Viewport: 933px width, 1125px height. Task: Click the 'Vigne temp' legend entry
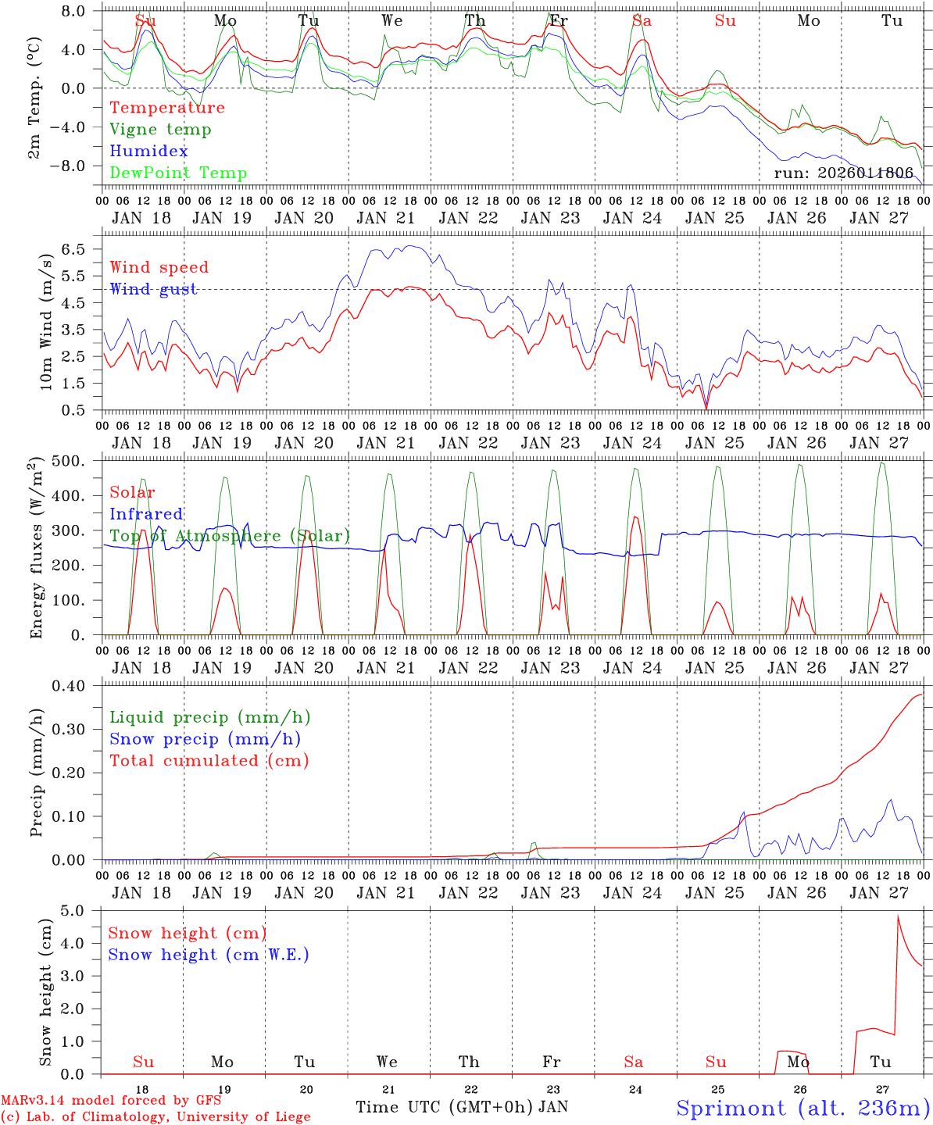(160, 130)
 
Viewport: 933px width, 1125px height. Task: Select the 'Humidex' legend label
(148, 152)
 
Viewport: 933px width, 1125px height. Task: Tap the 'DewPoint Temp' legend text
(178, 173)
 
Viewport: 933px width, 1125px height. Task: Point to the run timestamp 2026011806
(843, 173)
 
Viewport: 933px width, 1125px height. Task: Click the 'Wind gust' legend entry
(153, 289)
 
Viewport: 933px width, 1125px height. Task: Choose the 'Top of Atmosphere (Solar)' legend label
(229, 536)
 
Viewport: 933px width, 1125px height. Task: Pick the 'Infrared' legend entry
(146, 514)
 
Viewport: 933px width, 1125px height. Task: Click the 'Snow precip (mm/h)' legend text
(205, 739)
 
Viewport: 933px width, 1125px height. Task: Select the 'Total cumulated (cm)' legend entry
(209, 761)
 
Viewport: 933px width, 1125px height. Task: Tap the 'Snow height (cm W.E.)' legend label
(208, 955)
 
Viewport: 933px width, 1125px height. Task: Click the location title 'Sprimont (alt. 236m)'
(803, 1108)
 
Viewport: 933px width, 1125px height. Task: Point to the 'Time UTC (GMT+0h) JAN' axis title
(462, 1107)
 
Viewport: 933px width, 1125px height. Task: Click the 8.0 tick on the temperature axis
(78, 12)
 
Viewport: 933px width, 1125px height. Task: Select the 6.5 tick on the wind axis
(79, 249)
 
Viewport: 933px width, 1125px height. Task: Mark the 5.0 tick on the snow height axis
(81, 911)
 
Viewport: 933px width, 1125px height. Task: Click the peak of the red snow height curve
(899, 916)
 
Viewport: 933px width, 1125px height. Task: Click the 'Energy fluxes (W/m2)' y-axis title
(36, 549)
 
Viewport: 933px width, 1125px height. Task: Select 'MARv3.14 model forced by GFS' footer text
(110, 1101)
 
